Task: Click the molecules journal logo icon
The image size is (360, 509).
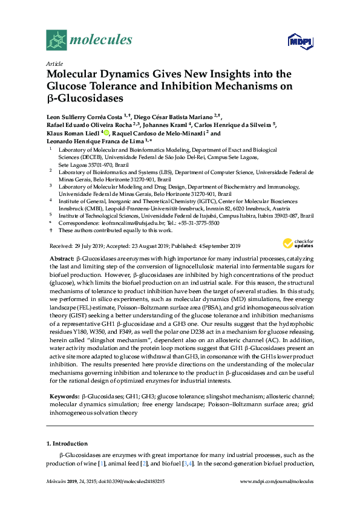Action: (x=57, y=40)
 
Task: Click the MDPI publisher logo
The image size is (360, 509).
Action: (x=302, y=43)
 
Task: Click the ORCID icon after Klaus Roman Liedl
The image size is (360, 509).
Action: (x=106, y=134)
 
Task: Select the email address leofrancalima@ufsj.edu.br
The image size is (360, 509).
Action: (x=120, y=222)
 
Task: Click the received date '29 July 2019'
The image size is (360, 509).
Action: (x=90, y=245)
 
